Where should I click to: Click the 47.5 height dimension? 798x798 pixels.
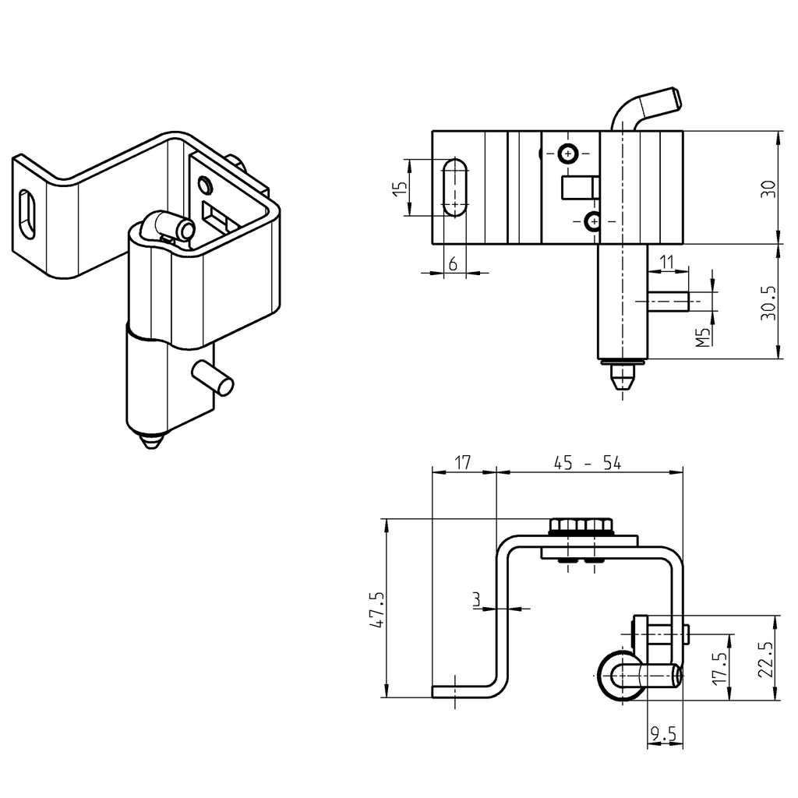click(x=376, y=609)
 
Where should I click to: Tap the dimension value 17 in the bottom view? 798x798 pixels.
click(x=463, y=463)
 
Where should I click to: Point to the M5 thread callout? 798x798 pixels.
click(x=703, y=336)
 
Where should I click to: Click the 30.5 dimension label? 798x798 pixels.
click(x=768, y=301)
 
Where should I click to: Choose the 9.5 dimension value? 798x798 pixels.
click(x=663, y=733)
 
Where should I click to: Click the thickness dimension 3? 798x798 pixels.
click(x=476, y=599)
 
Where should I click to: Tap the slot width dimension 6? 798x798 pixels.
click(x=452, y=264)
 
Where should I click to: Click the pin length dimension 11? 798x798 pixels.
click(x=666, y=262)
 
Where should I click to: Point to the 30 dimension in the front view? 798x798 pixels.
click(x=768, y=189)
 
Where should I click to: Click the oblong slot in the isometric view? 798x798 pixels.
click(x=28, y=214)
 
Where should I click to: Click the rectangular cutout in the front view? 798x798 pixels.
click(x=580, y=188)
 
